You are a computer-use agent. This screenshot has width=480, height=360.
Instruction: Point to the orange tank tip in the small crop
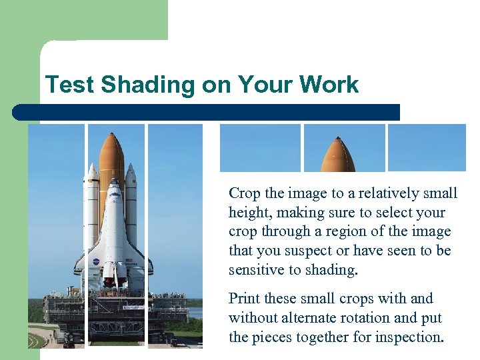[338, 157]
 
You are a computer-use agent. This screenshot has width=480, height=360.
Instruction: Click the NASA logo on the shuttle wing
[96, 262]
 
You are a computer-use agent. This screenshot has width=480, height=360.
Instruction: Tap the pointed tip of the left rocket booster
[91, 167]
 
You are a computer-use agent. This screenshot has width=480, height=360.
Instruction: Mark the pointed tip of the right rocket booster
[131, 167]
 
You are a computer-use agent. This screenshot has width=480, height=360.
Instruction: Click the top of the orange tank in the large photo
[111, 137]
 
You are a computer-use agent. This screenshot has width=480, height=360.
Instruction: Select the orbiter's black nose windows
[114, 194]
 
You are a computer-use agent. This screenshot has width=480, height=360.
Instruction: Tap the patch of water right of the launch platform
[195, 313]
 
